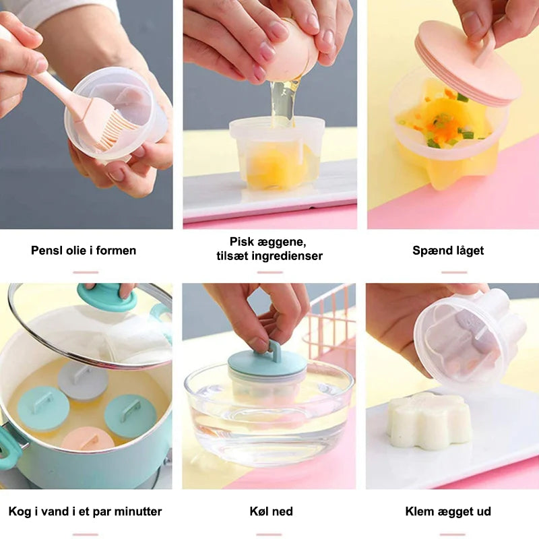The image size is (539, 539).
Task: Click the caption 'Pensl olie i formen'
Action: coord(84,250)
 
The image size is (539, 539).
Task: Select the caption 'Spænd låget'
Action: coord(448,251)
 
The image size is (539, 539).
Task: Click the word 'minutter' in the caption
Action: coord(138,511)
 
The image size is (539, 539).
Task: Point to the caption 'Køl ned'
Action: coord(272,511)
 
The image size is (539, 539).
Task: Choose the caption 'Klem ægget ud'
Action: coord(448,511)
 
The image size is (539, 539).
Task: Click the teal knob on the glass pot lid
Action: coord(106,296)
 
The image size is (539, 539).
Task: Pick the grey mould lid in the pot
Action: coord(83,380)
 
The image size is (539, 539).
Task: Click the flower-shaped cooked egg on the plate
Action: coord(428,420)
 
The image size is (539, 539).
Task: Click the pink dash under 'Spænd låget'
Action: coord(454,272)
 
